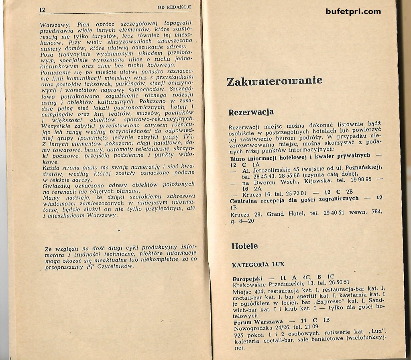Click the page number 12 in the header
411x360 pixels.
43,9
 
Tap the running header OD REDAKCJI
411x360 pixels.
174,8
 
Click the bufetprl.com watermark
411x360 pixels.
353,11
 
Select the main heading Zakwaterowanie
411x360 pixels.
275,81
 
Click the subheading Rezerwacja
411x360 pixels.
251,112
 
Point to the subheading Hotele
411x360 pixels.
244,246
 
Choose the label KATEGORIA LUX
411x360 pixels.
258,264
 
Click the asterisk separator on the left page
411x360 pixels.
119,231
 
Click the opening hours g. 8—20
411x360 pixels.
242,221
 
